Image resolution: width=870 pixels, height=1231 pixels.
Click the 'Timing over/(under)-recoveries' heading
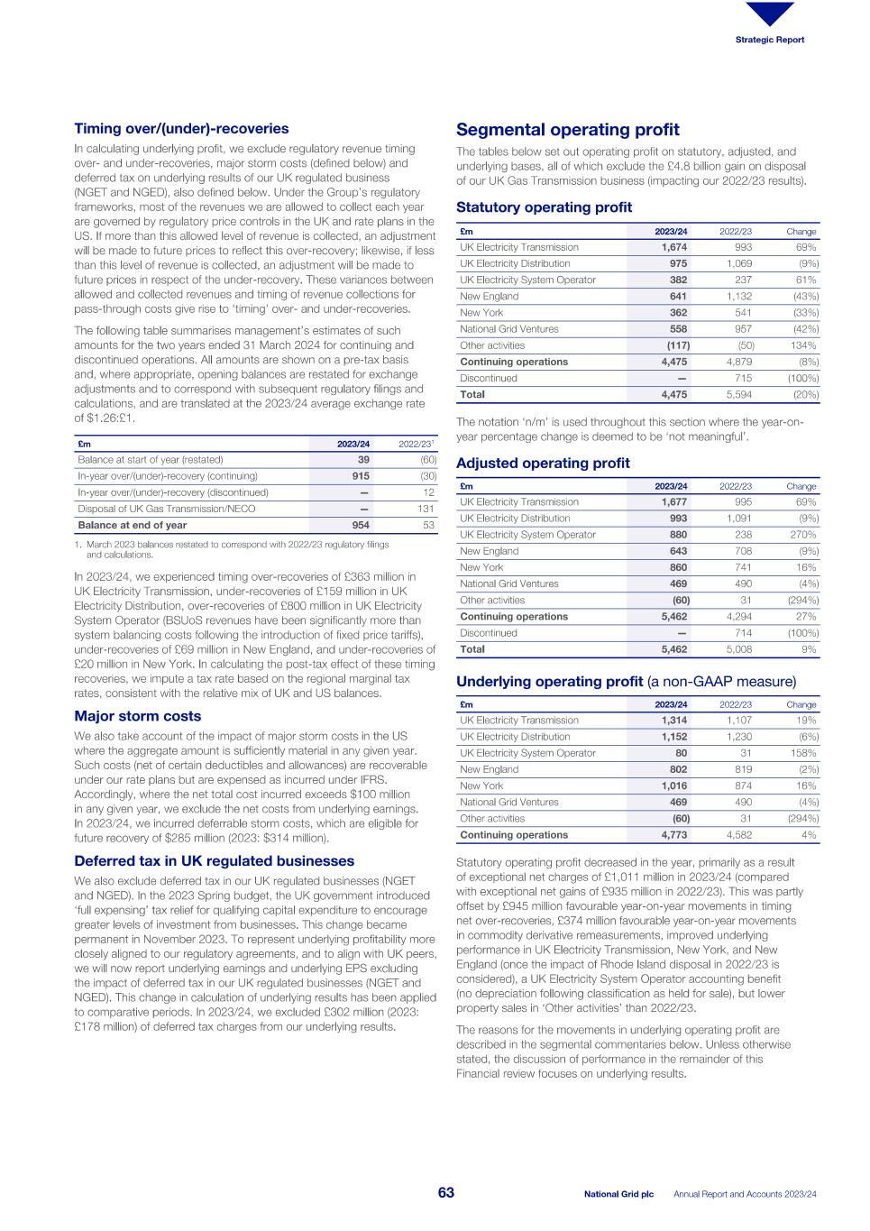(x=181, y=129)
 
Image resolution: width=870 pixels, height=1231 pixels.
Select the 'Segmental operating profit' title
(x=567, y=130)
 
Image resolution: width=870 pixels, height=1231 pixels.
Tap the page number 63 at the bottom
(x=445, y=1193)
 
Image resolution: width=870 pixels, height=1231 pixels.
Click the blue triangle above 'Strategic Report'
(x=770, y=14)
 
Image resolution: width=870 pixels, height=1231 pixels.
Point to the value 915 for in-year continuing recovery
(x=360, y=476)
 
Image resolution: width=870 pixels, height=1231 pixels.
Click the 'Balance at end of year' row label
(x=133, y=525)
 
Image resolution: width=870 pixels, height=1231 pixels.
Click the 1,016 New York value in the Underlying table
(x=673, y=786)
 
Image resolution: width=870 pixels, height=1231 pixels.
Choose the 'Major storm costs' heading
(x=137, y=716)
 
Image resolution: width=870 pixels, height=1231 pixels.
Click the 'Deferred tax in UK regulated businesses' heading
(x=214, y=861)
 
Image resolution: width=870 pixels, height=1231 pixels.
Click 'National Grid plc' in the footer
(x=618, y=1194)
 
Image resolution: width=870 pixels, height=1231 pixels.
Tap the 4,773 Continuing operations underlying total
(x=673, y=835)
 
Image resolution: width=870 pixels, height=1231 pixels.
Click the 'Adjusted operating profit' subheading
(x=543, y=463)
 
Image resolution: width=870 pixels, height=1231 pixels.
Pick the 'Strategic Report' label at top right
(x=769, y=40)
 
